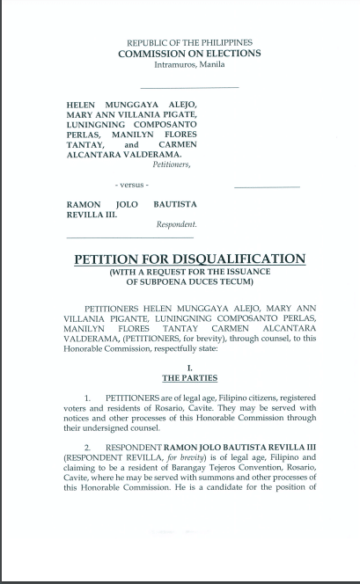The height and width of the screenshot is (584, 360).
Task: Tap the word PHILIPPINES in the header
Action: click(225, 42)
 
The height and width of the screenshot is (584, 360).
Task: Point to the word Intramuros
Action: click(175, 64)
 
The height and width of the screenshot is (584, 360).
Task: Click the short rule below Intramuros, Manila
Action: click(189, 88)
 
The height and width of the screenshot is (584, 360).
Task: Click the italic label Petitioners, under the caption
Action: click(172, 164)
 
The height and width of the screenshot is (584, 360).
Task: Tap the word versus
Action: click(133, 185)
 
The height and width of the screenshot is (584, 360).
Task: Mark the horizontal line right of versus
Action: click(267, 187)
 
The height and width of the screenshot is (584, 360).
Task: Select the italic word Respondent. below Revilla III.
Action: click(176, 225)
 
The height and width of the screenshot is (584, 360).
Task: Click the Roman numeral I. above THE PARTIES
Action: click(189, 368)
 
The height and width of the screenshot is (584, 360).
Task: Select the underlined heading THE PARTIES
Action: click(189, 378)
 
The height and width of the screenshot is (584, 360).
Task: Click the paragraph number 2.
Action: click(89, 449)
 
